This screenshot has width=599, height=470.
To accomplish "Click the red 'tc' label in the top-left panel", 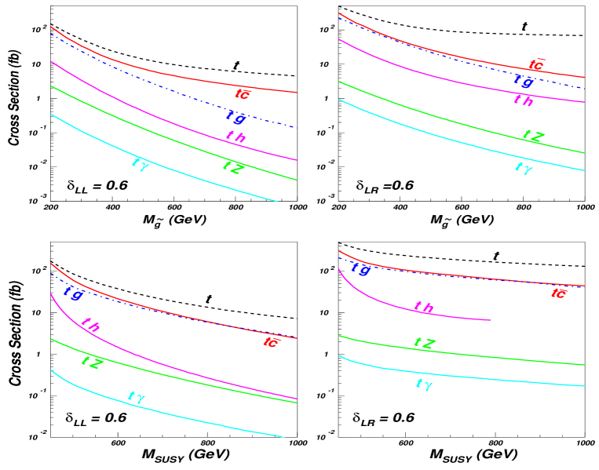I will click(x=243, y=93).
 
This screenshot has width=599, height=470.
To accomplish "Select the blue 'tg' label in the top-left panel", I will click(x=236, y=118).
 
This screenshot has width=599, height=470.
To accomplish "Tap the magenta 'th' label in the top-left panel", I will click(x=236, y=137).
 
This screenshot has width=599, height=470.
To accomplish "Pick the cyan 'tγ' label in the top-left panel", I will click(x=140, y=163).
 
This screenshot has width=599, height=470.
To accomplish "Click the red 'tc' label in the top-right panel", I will click(x=537, y=65).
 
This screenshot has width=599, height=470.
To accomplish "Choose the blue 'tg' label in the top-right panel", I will click(x=524, y=81).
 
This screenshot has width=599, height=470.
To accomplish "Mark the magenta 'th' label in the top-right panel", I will click(x=523, y=100).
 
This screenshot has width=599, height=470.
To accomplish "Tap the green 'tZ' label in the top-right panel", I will click(x=532, y=136).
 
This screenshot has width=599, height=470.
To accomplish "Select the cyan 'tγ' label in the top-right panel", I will click(x=523, y=167).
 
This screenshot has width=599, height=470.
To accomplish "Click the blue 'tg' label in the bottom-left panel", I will click(x=74, y=293).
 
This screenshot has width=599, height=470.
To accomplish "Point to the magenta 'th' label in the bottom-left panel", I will click(x=90, y=325).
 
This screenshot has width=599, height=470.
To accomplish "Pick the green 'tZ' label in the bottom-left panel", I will click(x=92, y=362).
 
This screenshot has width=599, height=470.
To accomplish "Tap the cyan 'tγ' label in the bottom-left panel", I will click(x=137, y=397).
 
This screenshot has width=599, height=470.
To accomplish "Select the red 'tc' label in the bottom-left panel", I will click(x=270, y=341).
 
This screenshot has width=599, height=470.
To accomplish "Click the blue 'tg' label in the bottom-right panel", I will click(x=360, y=268).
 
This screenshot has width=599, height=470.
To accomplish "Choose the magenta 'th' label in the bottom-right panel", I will click(x=423, y=308).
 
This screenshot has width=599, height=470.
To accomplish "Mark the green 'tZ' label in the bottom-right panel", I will click(x=425, y=343).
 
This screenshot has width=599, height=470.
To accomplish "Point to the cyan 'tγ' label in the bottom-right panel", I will click(x=423, y=384).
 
